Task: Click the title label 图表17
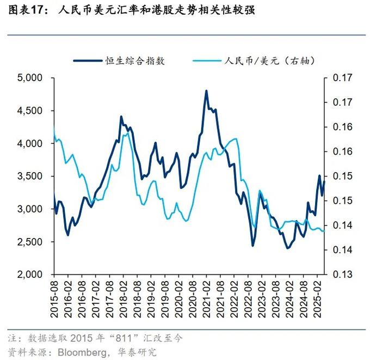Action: pyautogui.click(x=28, y=10)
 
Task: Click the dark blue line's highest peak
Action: pyautogui.click(x=207, y=91)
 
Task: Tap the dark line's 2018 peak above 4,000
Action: pyautogui.click(x=121, y=117)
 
